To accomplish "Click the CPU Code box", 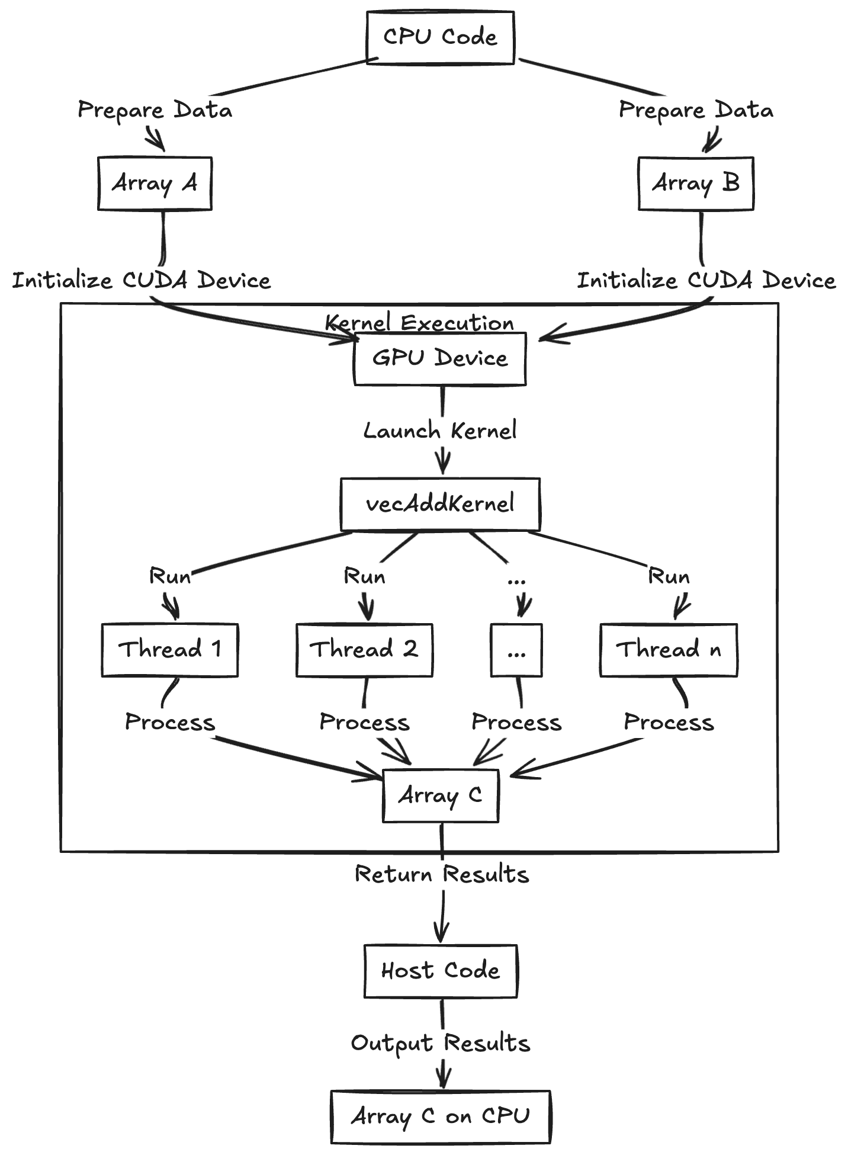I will [440, 37].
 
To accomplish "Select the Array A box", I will [155, 184].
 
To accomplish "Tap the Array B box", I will [696, 184].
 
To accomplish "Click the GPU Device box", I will [440, 359].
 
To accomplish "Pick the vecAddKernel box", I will [440, 504].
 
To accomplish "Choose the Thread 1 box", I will [170, 650].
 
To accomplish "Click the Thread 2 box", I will [364, 650].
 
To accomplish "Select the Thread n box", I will [669, 650].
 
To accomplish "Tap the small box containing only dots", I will [516, 650].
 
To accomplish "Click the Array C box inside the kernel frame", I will [440, 795].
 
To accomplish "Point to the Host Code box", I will [440, 971].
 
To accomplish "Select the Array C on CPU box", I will [440, 1116].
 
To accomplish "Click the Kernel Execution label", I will [419, 323].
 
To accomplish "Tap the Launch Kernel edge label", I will [440, 431].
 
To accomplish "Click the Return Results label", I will [441, 874].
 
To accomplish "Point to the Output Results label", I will [440, 1043].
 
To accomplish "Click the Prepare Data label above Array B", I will [696, 110].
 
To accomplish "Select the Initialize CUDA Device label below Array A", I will [142, 280].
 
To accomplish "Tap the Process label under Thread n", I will [669, 723].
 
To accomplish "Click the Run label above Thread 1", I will [170, 576].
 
